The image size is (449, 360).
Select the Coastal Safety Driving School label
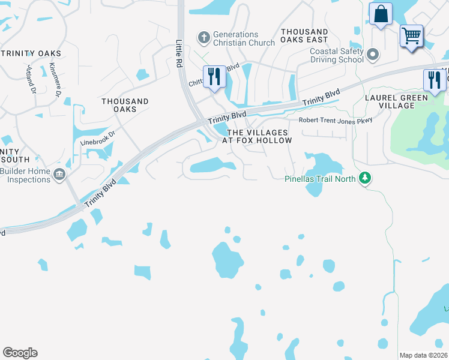(336, 55)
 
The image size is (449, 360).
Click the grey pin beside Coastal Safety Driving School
(373, 56)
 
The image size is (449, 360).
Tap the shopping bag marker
(381, 14)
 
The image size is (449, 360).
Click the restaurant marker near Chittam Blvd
(214, 76)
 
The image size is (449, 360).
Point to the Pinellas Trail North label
(320, 178)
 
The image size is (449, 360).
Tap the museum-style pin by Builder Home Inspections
(59, 175)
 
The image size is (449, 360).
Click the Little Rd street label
(179, 53)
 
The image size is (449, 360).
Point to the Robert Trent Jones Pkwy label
(336, 120)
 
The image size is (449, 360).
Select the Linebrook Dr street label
(97, 139)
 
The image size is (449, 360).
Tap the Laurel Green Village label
(397, 101)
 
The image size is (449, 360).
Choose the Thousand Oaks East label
(304, 35)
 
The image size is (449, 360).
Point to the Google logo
(20, 353)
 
